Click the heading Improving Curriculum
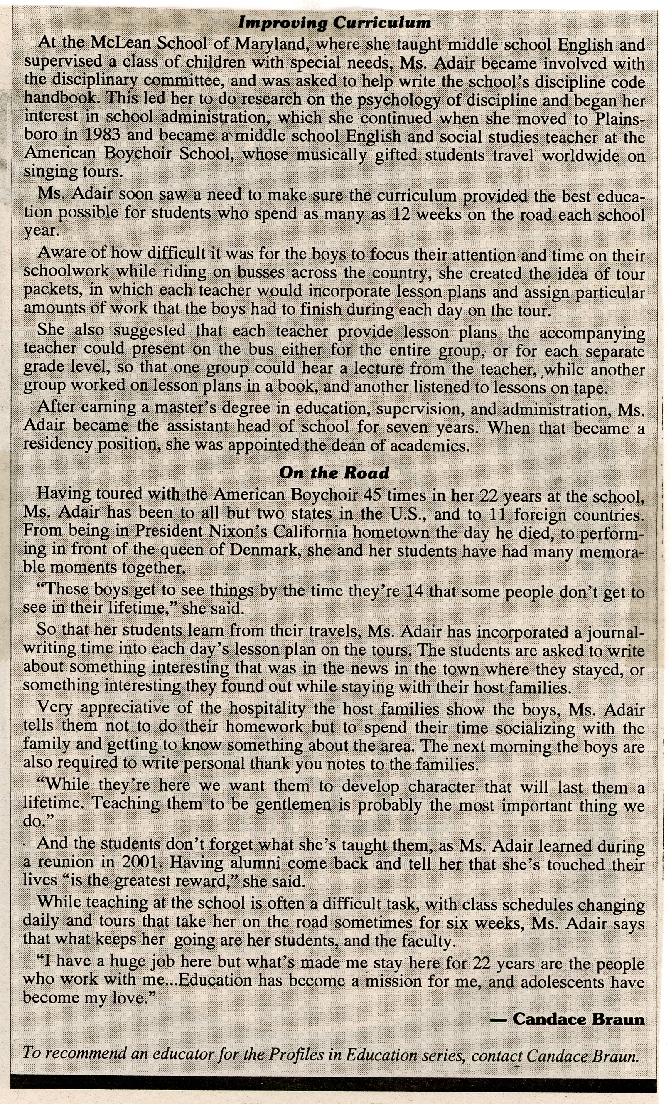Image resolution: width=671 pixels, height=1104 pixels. point(335,22)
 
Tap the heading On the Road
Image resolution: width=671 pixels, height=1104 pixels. point(334,473)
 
